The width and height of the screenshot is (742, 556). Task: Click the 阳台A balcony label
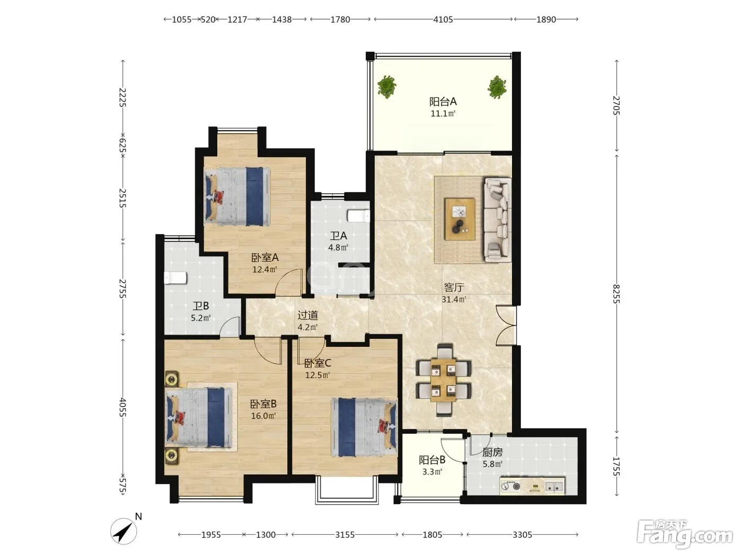443,101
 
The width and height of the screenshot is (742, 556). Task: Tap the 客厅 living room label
454,288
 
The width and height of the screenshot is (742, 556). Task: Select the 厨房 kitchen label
492,452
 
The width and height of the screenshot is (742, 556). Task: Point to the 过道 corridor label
307,315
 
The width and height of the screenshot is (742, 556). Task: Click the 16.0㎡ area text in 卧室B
263,416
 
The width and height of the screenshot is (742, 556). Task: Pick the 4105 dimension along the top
443,20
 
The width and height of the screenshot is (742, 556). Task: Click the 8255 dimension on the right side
616,294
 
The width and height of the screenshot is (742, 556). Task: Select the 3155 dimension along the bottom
345,535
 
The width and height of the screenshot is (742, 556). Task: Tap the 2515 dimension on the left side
123,198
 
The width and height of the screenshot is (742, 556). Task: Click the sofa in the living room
498,220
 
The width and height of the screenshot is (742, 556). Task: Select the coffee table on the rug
460,219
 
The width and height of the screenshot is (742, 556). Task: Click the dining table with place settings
444,380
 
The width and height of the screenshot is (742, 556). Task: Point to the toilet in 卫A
359,216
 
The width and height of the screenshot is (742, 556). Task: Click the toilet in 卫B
175,278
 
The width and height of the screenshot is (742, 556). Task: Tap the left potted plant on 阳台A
387,86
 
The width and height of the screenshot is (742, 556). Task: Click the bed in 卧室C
364,427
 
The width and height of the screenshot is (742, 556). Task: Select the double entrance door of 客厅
506,326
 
